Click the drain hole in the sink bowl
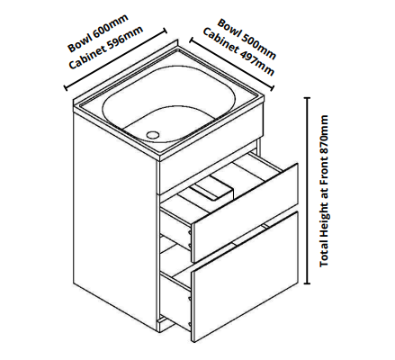pyautogui.click(x=153, y=134)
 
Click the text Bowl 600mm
pyautogui.click(x=98, y=32)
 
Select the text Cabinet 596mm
pyautogui.click(x=106, y=48)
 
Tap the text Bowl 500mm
pyautogui.click(x=247, y=39)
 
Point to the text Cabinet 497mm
pyautogui.click(x=238, y=52)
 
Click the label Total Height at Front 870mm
pyautogui.click(x=324, y=191)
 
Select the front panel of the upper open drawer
pyautogui.click(x=245, y=213)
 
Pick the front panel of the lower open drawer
pyautogui.click(x=245, y=276)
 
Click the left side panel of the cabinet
pyautogui.click(x=115, y=205)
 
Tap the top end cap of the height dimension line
pyautogui.click(x=307, y=98)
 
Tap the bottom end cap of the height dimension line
pyautogui.click(x=307, y=283)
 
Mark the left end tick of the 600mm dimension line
pyautogui.click(x=66, y=88)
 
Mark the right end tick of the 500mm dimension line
pyautogui.click(x=273, y=88)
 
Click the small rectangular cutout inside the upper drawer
pyautogui.click(x=212, y=191)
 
